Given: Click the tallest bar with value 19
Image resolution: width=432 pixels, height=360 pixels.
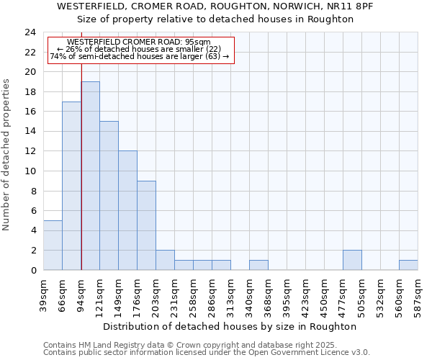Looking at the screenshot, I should pos(91,176).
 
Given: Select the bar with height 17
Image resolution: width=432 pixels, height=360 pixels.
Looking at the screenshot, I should pos(71,186).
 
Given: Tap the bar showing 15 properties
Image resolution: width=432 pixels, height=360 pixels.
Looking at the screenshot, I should pos(109,195).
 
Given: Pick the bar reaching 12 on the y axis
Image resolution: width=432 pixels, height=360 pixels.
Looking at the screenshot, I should pos(127,210).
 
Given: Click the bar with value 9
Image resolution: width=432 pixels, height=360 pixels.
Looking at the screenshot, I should pos(146,225).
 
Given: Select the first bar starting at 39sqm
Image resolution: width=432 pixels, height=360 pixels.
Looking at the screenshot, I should pos(53,245).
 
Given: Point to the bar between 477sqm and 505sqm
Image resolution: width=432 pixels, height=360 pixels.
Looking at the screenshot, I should pos(352,260).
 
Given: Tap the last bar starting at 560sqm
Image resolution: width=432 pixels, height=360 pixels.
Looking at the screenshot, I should pos(408,265).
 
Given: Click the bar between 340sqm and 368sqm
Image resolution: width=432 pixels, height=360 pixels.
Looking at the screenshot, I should pos(258,265).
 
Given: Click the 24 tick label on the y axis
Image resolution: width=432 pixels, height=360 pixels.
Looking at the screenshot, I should pos(30,32).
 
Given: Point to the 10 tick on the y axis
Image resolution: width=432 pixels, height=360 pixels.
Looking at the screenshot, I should pos(30,171).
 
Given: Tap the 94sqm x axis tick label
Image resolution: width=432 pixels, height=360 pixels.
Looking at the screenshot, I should pos(81,294).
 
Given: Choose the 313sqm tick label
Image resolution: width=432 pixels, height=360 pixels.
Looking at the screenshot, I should pos(230,296).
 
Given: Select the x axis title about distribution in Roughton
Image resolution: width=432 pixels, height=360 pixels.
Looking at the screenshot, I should pos(230,326).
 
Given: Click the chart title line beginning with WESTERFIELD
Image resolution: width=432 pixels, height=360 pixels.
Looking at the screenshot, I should pos(215,6).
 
